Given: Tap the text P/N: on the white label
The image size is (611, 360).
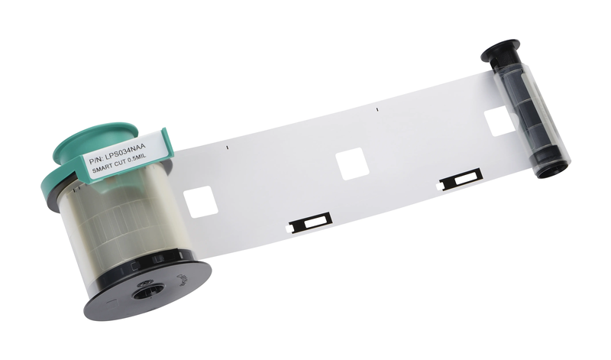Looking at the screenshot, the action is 96,160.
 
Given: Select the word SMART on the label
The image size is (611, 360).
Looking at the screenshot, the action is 102,169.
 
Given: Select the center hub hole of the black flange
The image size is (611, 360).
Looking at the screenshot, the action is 147,292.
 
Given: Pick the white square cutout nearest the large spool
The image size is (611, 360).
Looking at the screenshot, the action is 200,202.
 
